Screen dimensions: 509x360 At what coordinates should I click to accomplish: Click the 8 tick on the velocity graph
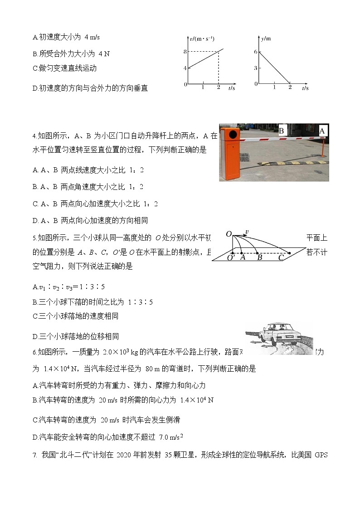185,52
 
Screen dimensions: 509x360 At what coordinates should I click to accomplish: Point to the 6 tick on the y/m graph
256,52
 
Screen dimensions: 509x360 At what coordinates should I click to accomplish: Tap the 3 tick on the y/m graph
256,68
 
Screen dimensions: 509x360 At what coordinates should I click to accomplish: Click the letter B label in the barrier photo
281,131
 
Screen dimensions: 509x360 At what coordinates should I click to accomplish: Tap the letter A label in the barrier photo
322,131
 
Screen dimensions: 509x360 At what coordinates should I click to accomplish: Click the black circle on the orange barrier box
233,135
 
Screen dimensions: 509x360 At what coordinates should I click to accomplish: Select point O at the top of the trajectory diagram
229,234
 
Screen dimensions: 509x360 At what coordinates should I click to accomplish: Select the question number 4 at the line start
34,136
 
